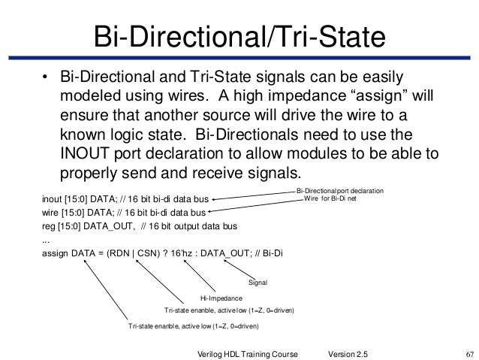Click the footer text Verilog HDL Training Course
tap(248, 352)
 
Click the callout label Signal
tap(258, 283)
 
